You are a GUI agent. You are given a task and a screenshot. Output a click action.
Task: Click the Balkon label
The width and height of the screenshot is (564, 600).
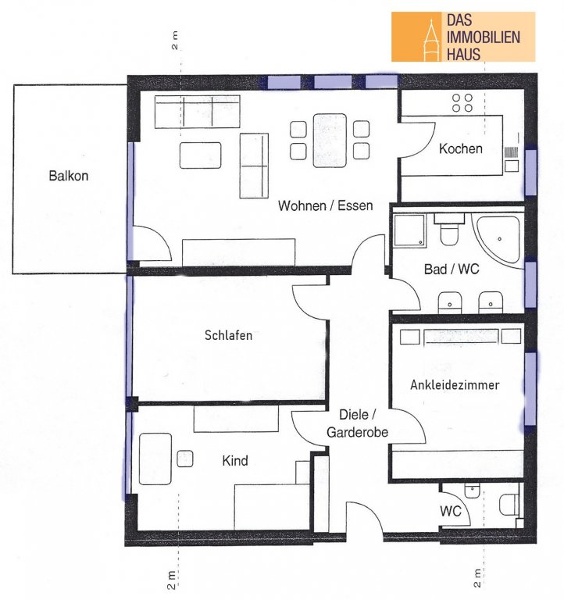click(x=69, y=176)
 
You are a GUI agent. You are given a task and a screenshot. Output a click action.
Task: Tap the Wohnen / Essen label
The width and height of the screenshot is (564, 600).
click(x=325, y=205)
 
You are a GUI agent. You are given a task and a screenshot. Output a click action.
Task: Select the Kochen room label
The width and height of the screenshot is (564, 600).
click(x=460, y=148)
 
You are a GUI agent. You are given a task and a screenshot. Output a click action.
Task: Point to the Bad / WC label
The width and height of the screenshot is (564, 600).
click(x=452, y=269)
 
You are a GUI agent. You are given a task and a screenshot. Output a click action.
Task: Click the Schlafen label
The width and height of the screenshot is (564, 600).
click(x=228, y=335)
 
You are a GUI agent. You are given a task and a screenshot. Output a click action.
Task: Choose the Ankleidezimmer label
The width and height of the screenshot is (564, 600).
click(x=455, y=384)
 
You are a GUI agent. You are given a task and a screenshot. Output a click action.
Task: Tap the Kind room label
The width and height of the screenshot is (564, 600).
click(x=235, y=460)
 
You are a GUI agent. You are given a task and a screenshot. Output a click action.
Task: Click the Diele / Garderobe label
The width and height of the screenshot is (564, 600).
click(x=357, y=423)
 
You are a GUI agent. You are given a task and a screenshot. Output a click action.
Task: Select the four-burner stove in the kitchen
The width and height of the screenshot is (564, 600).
click(x=462, y=102)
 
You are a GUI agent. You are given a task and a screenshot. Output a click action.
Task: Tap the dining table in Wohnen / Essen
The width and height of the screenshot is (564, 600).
click(x=330, y=141)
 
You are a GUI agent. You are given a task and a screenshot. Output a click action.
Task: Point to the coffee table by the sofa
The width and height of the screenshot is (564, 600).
click(x=201, y=155)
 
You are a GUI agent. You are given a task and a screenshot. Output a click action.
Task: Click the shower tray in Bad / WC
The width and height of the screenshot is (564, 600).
click(x=410, y=230)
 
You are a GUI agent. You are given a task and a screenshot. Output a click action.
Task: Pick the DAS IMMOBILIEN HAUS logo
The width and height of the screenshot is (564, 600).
click(x=463, y=37)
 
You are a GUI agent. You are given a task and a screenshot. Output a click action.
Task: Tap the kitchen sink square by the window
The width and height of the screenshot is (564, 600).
click(x=512, y=166)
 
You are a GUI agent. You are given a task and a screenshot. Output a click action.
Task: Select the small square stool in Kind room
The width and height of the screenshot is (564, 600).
click(x=185, y=459)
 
